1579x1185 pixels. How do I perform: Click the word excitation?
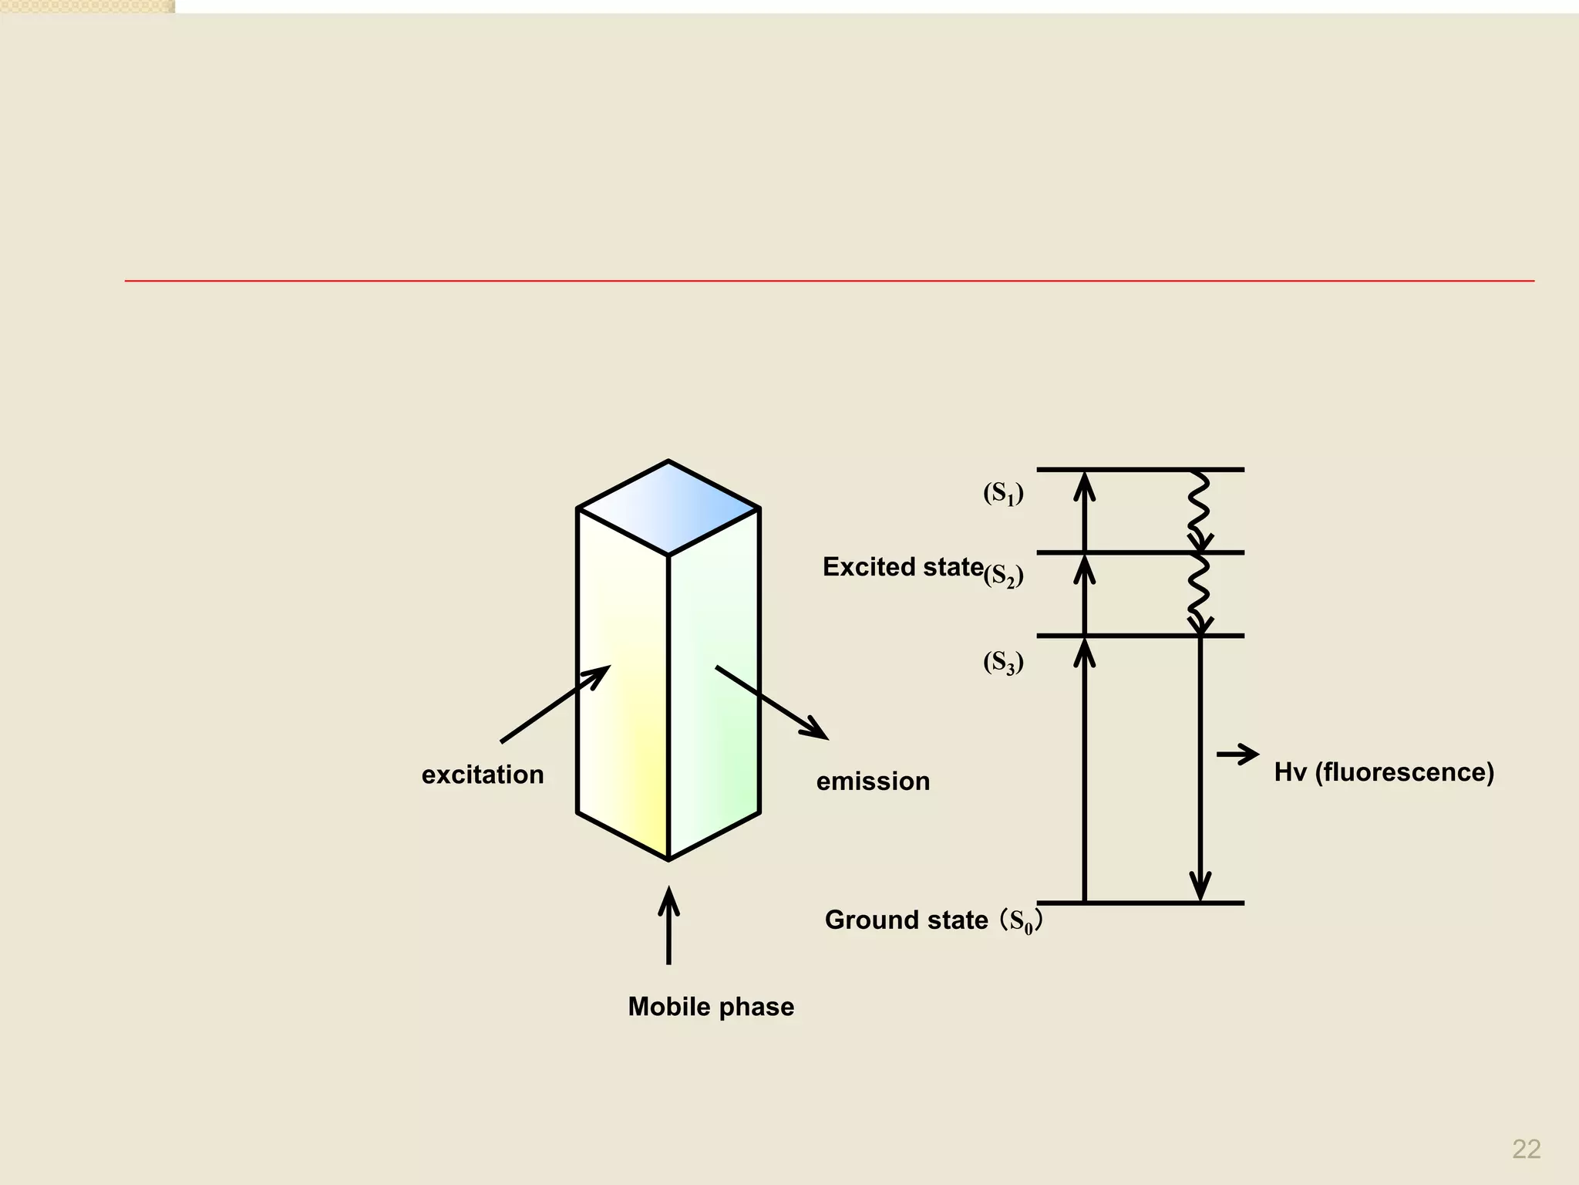[x=483, y=775]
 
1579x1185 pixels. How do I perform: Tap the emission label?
[x=873, y=782]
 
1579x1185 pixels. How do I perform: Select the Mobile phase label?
[x=711, y=1007]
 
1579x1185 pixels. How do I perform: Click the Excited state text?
[x=903, y=567]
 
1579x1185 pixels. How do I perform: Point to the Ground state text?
[x=906, y=920]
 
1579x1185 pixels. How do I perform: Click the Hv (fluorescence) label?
[x=1384, y=772]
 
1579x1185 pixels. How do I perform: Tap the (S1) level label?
[x=1003, y=494]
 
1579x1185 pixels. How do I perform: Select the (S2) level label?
[x=1003, y=576]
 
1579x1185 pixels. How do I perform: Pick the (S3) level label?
[x=1003, y=663]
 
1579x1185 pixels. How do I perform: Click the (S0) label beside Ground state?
[x=1020, y=921]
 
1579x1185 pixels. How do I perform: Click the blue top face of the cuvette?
[x=668, y=508]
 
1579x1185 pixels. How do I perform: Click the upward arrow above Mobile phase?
[x=668, y=925]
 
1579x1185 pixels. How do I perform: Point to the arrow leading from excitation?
[x=555, y=704]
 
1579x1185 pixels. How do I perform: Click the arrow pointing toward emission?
[x=771, y=702]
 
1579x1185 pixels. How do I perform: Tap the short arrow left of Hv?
[x=1237, y=754]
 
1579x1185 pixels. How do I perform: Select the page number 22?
[x=1526, y=1149]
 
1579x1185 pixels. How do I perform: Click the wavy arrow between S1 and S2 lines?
[x=1199, y=511]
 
